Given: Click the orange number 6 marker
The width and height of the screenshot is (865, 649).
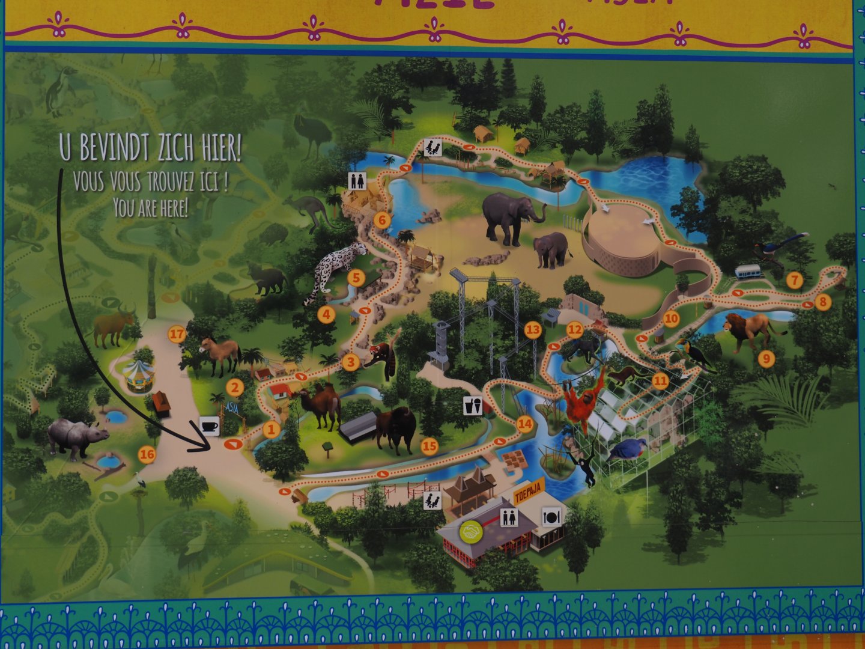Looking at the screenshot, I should pyautogui.click(x=381, y=220).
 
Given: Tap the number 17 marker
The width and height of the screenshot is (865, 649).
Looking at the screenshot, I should pyautogui.click(x=176, y=335).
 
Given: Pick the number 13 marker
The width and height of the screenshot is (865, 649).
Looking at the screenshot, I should pyautogui.click(x=532, y=329).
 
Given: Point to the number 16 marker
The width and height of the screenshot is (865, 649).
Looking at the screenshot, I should pyautogui.click(x=147, y=455).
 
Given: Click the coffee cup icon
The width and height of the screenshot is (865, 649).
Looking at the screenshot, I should pyautogui.click(x=209, y=426).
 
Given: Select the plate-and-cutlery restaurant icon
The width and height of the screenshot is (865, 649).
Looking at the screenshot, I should pyautogui.click(x=551, y=515).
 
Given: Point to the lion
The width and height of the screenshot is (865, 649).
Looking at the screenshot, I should pyautogui.click(x=751, y=331).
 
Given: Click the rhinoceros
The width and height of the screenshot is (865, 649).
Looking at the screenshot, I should pyautogui.click(x=75, y=436).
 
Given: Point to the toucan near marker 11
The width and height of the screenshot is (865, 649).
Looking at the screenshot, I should pyautogui.click(x=691, y=355).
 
